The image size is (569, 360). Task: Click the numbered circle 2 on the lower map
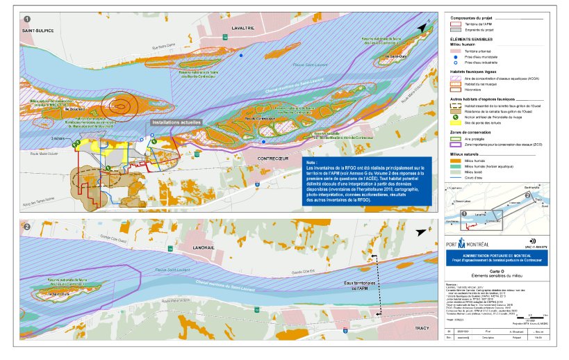(26, 227)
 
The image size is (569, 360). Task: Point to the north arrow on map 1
(423, 26)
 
